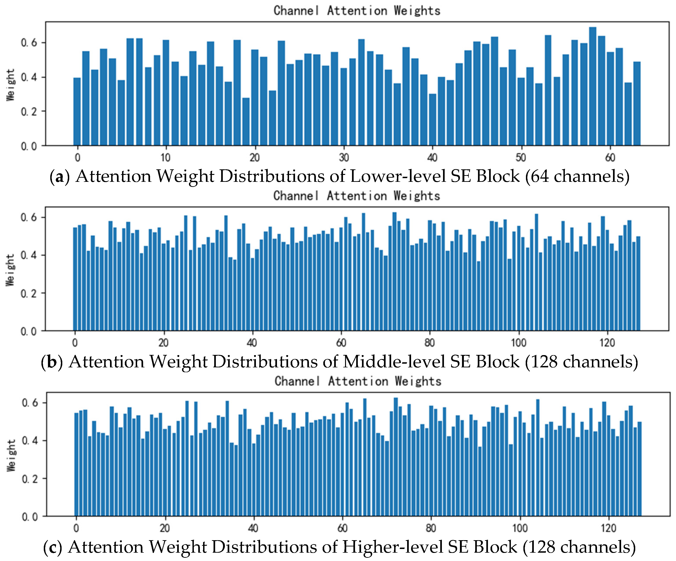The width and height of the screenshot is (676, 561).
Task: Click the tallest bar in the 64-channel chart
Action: click(592, 87)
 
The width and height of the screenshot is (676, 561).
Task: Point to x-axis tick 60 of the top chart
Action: click(610, 158)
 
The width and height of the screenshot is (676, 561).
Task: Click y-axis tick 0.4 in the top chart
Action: click(29, 77)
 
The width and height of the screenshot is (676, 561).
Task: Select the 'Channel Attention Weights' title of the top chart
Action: click(357, 11)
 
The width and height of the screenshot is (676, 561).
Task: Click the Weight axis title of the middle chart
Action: click(10, 270)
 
